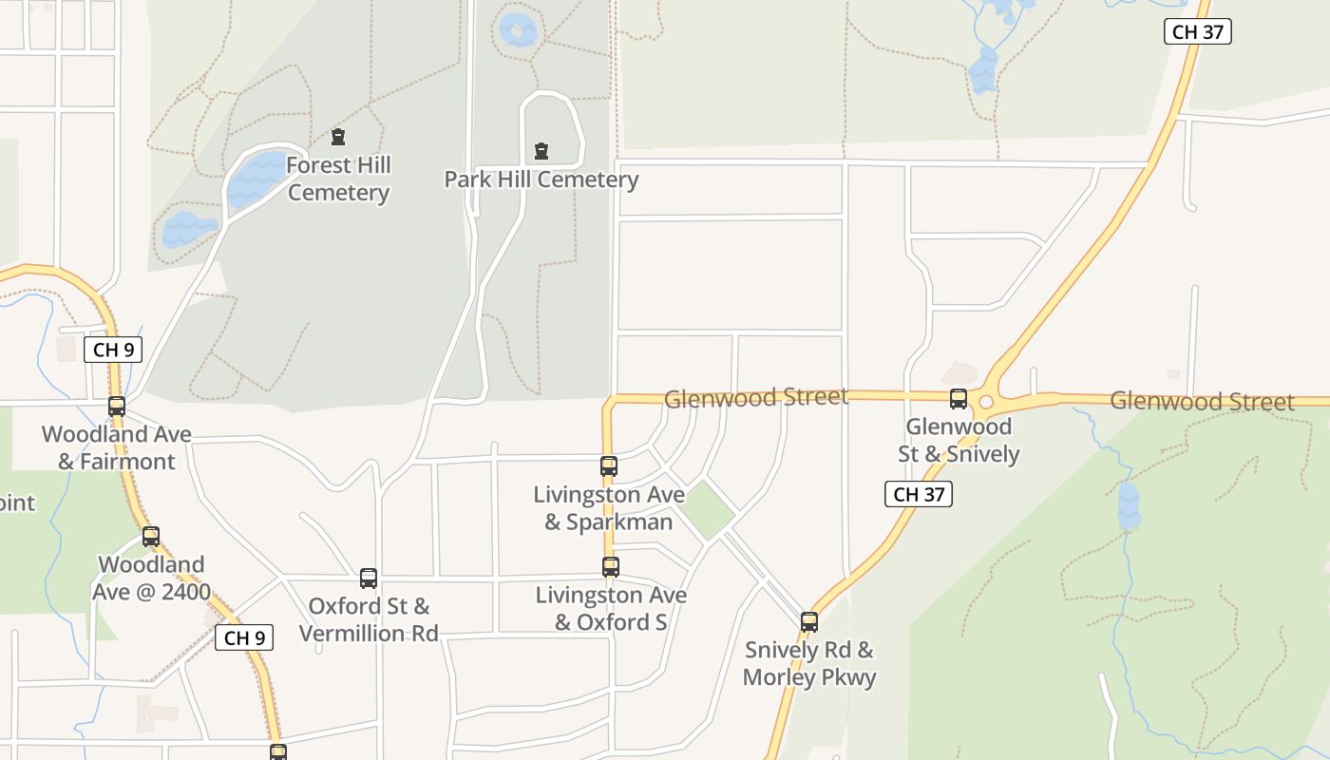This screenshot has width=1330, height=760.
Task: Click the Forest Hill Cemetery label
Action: point(338,179)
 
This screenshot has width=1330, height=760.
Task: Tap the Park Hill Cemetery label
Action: point(541,180)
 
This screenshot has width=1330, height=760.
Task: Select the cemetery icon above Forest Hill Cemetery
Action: point(337,137)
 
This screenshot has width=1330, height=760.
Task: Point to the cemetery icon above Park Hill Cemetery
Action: point(541,151)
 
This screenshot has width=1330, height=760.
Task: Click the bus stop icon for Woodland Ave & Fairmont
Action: point(117,407)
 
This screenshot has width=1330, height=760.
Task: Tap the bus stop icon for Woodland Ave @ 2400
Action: point(151,537)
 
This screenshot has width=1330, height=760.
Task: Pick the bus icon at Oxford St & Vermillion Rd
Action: point(369,579)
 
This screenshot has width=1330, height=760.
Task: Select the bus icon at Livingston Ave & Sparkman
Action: point(609,466)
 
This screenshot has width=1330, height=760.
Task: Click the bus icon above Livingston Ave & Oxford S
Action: point(611,567)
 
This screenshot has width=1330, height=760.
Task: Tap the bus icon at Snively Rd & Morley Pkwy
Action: point(809,622)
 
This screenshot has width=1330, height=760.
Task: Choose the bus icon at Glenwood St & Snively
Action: point(959,399)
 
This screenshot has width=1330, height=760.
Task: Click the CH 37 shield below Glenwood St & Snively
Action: point(919,494)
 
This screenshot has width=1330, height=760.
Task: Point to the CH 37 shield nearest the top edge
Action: point(1198,31)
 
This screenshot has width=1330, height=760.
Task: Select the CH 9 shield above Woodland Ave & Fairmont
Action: point(113,350)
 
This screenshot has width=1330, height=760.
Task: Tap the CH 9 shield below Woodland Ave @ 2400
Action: point(244,637)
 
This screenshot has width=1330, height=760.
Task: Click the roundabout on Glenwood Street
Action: point(986,402)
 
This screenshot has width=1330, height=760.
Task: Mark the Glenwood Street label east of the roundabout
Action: point(1202,402)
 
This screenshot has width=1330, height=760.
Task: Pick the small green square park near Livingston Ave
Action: point(707,509)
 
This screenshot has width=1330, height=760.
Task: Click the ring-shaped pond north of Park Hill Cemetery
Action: point(518,30)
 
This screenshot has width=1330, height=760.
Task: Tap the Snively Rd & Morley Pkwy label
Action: point(809,663)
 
